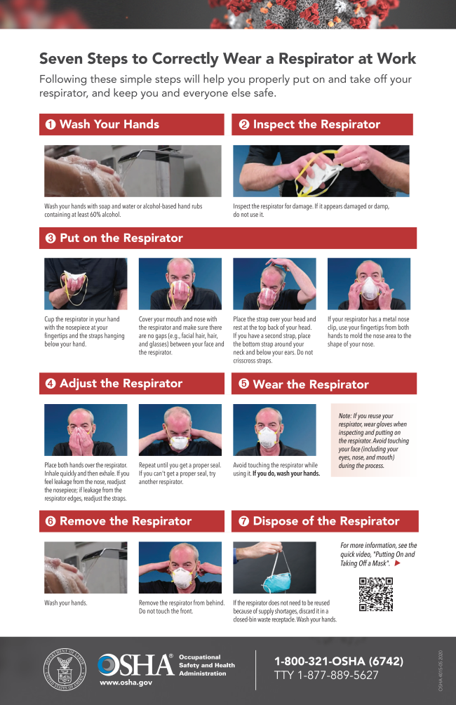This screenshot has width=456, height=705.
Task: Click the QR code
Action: click(x=375, y=594)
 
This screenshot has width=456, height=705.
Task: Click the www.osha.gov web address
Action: click(x=126, y=682)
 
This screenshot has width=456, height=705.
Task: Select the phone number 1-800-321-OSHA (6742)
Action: click(x=339, y=661)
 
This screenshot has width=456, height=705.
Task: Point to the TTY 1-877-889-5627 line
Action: click(x=326, y=676)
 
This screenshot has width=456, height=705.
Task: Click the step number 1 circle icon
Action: click(x=51, y=125)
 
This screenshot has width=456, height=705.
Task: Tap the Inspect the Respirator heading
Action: click(x=316, y=125)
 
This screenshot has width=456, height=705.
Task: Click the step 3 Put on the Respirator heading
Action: click(x=121, y=238)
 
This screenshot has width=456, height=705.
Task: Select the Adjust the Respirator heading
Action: click(x=121, y=383)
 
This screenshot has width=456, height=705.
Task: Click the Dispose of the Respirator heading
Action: click(x=326, y=521)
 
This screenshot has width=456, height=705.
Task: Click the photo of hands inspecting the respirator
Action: click(x=321, y=171)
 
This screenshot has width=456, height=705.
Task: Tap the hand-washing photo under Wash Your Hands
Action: click(x=133, y=171)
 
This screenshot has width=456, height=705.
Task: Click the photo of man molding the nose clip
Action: click(x=368, y=283)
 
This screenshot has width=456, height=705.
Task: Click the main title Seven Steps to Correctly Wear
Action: click(x=227, y=58)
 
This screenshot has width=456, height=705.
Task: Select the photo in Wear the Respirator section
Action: click(x=274, y=430)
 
